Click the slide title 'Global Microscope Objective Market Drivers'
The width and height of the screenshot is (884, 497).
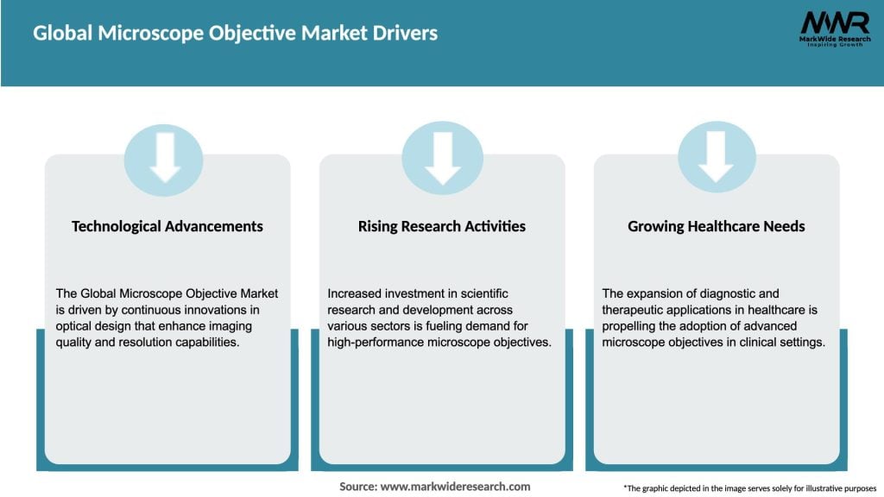pyautogui.click(x=235, y=34)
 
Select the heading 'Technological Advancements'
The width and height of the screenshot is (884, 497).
pyautogui.click(x=167, y=226)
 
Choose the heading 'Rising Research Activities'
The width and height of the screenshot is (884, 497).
pyautogui.click(x=441, y=226)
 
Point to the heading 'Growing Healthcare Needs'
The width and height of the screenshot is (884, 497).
pyautogui.click(x=716, y=226)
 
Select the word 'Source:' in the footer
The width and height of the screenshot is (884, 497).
pyautogui.click(x=358, y=487)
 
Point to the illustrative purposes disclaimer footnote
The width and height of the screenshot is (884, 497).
pyautogui.click(x=749, y=488)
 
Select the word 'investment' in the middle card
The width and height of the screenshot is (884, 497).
pyautogui.click(x=409, y=294)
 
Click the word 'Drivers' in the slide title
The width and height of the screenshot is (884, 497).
pyautogui.click(x=404, y=34)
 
